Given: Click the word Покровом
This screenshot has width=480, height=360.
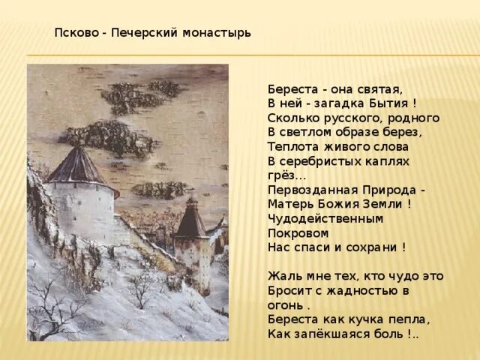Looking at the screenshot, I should tap(295, 232).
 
